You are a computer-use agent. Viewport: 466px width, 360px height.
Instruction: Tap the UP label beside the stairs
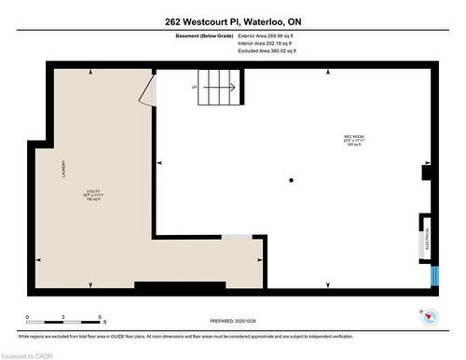[x=194, y=89]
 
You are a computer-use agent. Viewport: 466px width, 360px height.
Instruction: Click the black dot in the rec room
[x=292, y=180]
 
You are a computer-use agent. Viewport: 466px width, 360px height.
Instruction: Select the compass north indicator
[x=429, y=316]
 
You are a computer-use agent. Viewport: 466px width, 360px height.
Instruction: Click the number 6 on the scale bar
[x=100, y=317]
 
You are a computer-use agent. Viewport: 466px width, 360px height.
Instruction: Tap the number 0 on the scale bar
[x=27, y=317]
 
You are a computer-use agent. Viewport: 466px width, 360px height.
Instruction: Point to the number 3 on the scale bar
[x=63, y=317]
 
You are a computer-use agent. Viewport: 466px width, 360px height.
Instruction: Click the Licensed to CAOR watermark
[x=30, y=354]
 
